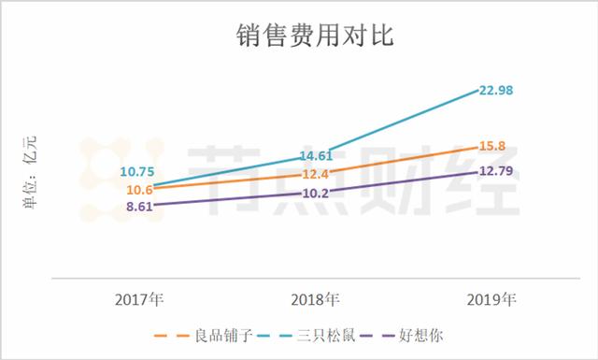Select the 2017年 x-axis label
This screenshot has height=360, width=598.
[x=139, y=300]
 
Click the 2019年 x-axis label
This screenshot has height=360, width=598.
[x=491, y=300]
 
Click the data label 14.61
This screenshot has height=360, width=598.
[x=316, y=156]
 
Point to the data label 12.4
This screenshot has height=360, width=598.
[x=316, y=175]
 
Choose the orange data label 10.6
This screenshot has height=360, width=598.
[x=139, y=191]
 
